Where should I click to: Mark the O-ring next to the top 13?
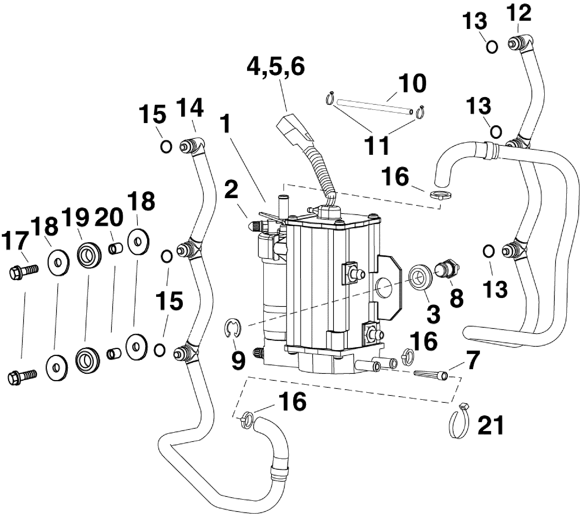(x=492, y=47)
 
